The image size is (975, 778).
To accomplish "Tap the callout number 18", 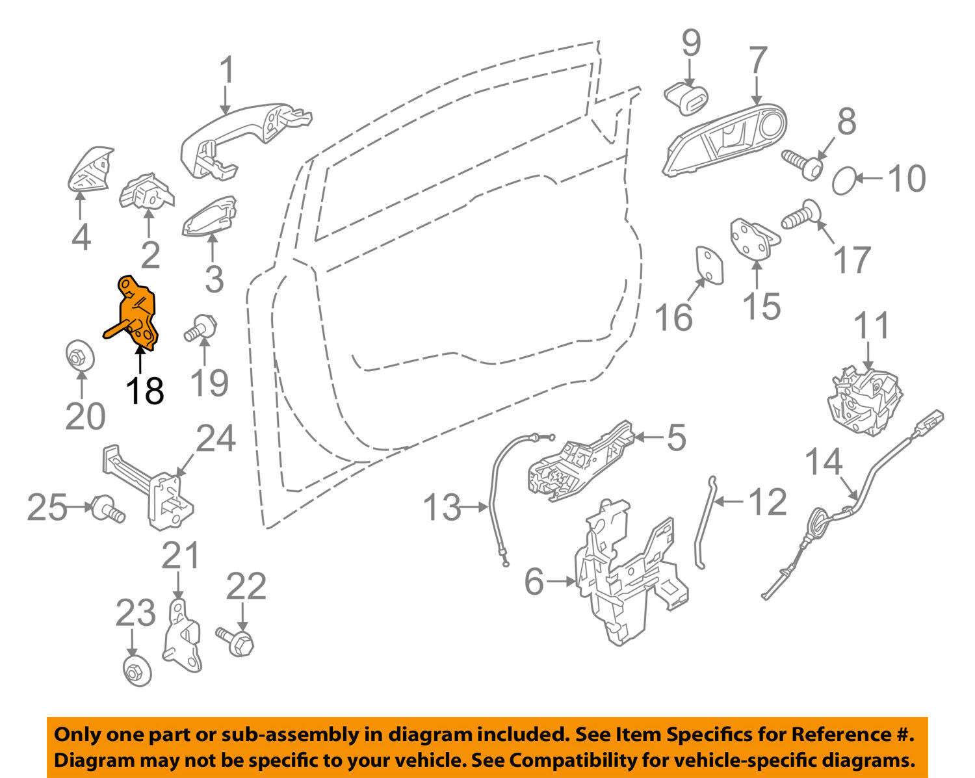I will click(144, 391).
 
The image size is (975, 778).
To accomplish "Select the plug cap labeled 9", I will click(686, 98).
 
